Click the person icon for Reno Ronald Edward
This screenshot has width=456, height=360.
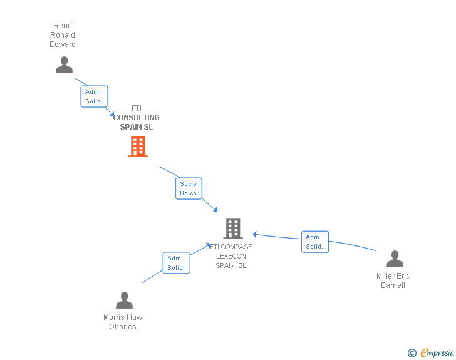click(64, 64)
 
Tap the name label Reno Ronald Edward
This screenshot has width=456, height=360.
click(63, 35)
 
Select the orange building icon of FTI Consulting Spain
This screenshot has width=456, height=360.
click(138, 147)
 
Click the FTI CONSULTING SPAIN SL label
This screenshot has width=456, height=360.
click(137, 118)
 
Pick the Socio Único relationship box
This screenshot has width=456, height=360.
click(189, 188)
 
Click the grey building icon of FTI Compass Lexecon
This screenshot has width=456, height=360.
click(232, 229)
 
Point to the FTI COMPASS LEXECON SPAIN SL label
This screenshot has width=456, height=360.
click(231, 256)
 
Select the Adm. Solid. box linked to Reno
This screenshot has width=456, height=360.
click(94, 96)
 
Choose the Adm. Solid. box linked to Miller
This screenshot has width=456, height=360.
click(314, 242)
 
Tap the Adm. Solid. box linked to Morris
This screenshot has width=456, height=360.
click(176, 263)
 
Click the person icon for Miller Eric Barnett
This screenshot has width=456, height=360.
click(395, 259)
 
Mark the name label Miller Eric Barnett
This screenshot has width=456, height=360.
click(393, 280)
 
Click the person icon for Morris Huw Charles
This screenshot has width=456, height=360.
click(124, 301)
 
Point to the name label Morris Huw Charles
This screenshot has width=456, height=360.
click(123, 322)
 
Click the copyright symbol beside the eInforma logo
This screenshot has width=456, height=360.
click(412, 353)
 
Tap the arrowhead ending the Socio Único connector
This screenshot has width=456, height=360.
click(215, 209)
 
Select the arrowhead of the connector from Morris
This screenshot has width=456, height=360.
click(210, 245)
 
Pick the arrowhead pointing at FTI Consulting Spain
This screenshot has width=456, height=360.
click(111, 115)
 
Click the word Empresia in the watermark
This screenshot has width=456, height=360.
click(437, 353)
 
